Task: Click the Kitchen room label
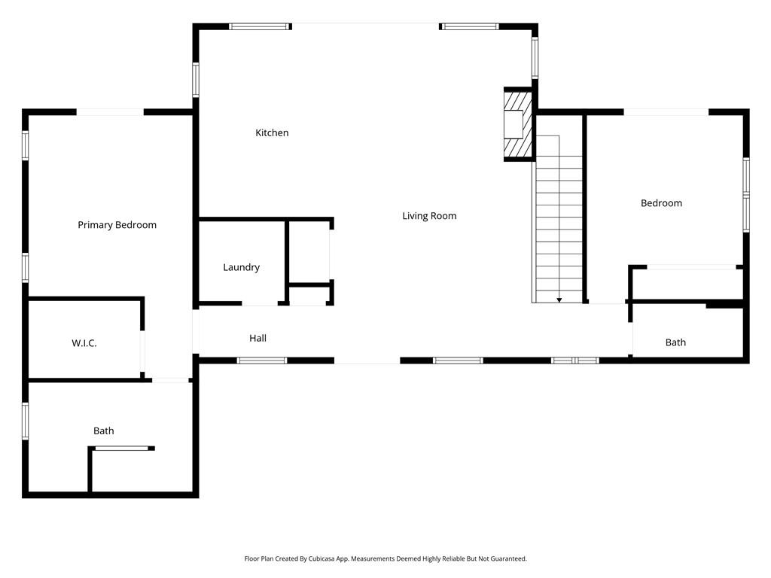(x=272, y=133)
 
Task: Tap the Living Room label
(x=429, y=216)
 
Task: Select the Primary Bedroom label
(x=117, y=225)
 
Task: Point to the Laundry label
(x=241, y=267)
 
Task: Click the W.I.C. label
(x=84, y=343)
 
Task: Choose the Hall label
(x=258, y=339)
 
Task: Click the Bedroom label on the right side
(x=661, y=203)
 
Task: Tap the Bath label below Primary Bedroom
(x=104, y=431)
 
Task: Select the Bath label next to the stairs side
(x=675, y=342)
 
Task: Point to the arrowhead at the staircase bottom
(x=559, y=300)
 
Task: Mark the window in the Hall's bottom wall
(x=262, y=360)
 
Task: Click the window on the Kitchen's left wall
(x=196, y=80)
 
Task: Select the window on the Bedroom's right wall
(x=746, y=195)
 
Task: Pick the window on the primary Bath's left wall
(x=26, y=421)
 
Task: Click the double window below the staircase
(x=575, y=360)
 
